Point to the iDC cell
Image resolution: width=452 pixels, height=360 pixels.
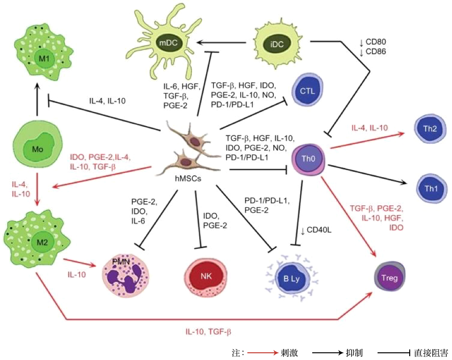277,44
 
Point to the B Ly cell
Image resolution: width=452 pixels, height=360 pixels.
292,277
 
